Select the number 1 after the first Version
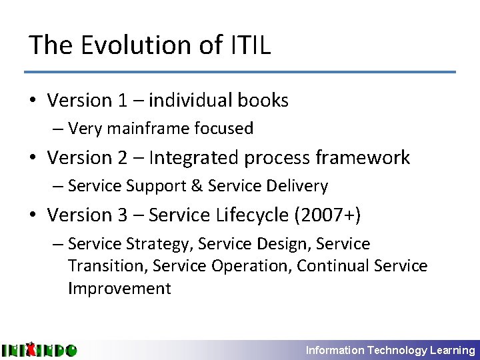click(123, 101)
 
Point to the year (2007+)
click(333, 215)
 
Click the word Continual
click(333, 266)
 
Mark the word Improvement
click(119, 289)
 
